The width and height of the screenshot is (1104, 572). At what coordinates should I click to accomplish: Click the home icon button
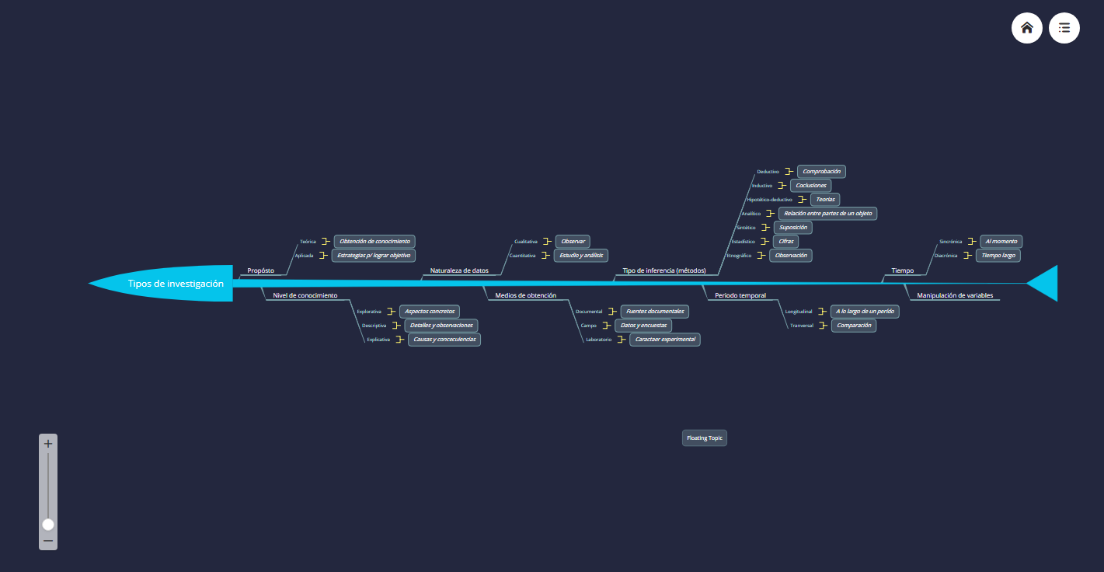click(x=1026, y=28)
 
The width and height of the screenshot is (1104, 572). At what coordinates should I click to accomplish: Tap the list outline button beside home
click(x=1064, y=28)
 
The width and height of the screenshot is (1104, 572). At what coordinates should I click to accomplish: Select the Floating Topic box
click(x=705, y=438)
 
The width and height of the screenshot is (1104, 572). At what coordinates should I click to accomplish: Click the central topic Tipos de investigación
click(x=176, y=284)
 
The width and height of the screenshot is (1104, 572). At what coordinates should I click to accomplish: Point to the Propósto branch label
click(x=260, y=270)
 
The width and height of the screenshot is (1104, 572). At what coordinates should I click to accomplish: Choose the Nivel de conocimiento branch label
click(x=305, y=295)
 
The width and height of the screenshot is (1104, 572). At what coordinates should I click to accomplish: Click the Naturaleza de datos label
click(x=459, y=270)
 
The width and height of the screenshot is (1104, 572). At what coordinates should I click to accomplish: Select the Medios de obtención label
click(x=525, y=295)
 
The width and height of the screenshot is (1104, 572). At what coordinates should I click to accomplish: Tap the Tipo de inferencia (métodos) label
click(x=664, y=270)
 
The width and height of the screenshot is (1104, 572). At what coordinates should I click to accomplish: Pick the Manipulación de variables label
click(x=955, y=295)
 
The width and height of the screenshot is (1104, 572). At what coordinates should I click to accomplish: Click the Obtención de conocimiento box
click(x=374, y=242)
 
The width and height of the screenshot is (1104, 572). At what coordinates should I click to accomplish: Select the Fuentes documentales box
click(x=654, y=312)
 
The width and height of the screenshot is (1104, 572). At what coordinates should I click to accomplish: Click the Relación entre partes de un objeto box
click(x=827, y=213)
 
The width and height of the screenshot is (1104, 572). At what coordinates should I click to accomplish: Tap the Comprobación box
click(x=821, y=171)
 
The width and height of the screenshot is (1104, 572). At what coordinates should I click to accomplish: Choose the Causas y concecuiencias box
click(x=444, y=340)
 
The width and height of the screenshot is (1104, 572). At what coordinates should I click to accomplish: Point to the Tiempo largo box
click(x=998, y=256)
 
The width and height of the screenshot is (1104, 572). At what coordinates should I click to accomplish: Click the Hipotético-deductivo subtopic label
click(x=769, y=200)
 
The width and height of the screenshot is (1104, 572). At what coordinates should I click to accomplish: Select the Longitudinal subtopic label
click(x=799, y=312)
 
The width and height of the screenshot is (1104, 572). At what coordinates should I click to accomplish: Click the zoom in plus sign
click(x=48, y=444)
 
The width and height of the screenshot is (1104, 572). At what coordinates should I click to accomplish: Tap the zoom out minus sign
click(x=48, y=541)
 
